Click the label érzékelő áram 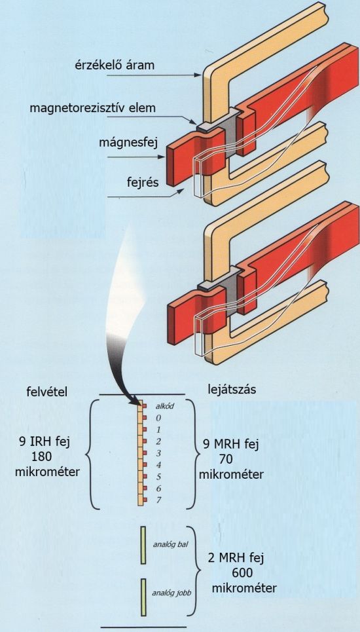pos(114,65)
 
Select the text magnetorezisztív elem pos(92,109)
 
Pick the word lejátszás pos(232,390)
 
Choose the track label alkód pos(164,406)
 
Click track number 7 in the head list pos(158,500)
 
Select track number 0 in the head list pos(158,418)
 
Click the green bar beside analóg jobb pos(143,597)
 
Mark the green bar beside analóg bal pos(143,544)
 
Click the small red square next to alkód pos(145,406)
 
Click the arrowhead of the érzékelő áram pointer pos(198,75)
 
